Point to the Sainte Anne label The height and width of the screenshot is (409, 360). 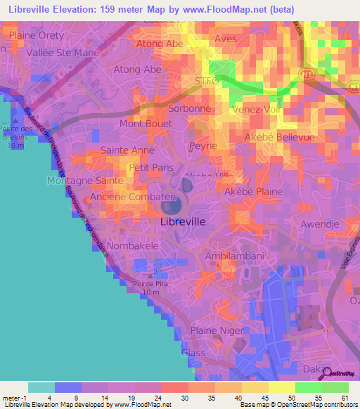(127, 150)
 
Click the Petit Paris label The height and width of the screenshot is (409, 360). (151, 168)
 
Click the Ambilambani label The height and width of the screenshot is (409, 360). (234, 257)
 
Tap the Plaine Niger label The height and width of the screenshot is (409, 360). (217, 330)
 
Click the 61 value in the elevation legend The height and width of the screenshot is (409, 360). (344, 396)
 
